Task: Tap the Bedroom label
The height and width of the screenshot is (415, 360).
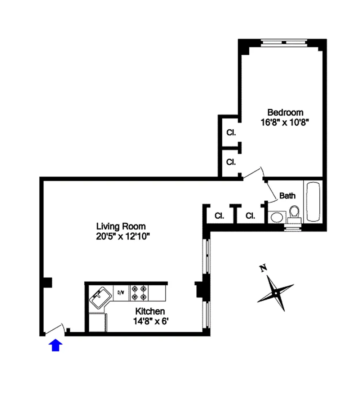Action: (x=285, y=112)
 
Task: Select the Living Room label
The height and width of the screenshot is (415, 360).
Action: (x=121, y=227)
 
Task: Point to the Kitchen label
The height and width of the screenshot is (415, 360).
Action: (x=150, y=311)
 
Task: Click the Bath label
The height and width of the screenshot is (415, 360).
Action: (x=288, y=196)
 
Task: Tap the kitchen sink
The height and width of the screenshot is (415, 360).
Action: (x=100, y=298)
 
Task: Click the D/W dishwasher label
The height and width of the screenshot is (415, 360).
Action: (x=121, y=293)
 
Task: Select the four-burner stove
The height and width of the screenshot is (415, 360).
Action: (x=139, y=293)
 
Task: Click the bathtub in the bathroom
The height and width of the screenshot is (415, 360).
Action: (x=313, y=202)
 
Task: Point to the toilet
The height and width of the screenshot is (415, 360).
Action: (x=294, y=215)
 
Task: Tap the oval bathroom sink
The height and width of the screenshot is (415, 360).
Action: (x=277, y=218)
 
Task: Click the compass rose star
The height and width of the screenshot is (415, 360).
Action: (x=276, y=293)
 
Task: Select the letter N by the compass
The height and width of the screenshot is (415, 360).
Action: (x=263, y=268)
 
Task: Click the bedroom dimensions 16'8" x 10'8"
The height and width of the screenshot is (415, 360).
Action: (x=285, y=122)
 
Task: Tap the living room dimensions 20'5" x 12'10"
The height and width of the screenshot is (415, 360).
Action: (x=123, y=236)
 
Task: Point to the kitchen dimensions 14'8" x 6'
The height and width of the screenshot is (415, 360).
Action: (x=151, y=321)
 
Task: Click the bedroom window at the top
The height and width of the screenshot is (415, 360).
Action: (x=284, y=43)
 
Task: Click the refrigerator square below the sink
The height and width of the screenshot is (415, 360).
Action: (x=97, y=322)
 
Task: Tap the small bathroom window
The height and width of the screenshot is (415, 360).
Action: (x=293, y=228)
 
